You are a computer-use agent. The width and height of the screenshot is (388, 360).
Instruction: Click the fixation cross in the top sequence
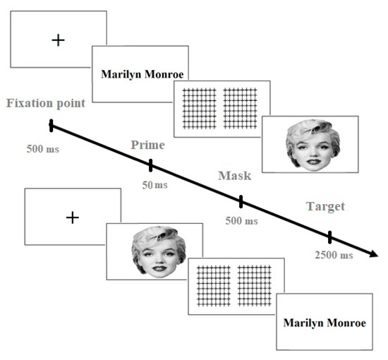tap(58, 40)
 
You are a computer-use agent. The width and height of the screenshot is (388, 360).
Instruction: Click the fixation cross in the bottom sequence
tap(71, 217)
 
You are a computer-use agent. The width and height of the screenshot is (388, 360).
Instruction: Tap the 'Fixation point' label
tap(46, 104)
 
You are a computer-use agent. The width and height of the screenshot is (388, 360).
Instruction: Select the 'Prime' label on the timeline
tap(147, 145)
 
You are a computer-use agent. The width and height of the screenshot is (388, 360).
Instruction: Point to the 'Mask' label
tap(235, 174)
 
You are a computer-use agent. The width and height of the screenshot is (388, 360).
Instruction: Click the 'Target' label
tap(325, 206)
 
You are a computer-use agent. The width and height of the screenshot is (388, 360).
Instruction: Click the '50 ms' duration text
tap(155, 185)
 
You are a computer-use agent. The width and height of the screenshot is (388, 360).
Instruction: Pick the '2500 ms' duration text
tap(334, 255)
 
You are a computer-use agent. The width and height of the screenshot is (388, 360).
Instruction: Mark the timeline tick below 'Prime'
tap(150, 166)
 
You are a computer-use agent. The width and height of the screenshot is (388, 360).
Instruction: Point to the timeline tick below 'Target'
tap(329, 236)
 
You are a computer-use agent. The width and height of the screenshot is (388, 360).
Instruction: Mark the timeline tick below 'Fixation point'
tap(51, 126)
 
